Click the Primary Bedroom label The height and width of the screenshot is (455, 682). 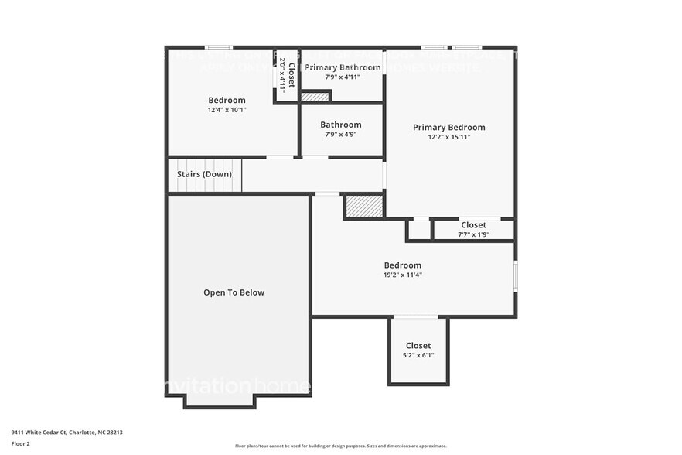[x=448, y=128]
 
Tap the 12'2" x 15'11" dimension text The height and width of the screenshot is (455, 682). [x=448, y=137]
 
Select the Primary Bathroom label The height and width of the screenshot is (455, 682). [x=342, y=67]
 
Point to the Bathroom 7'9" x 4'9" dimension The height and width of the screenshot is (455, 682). [x=341, y=135]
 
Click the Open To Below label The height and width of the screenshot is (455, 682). [x=234, y=292]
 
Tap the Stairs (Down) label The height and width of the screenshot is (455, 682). [x=204, y=174]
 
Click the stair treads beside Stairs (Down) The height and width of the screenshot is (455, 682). [x=230, y=175]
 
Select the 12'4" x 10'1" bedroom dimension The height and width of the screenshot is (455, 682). [x=227, y=110]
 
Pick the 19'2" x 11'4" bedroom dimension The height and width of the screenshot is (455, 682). [x=403, y=275]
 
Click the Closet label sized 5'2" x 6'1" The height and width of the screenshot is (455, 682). [x=418, y=346]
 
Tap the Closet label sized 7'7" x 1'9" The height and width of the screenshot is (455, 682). [x=473, y=225]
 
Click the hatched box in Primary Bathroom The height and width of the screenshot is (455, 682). [x=315, y=97]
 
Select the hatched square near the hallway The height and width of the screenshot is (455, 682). [x=363, y=206]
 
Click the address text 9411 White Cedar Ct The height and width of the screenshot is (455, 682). [x=66, y=433]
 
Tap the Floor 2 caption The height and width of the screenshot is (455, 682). [x=20, y=443]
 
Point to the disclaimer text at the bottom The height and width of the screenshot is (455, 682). [x=340, y=446]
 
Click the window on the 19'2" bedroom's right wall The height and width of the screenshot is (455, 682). [x=516, y=276]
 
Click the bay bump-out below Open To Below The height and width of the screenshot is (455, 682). [x=219, y=402]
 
